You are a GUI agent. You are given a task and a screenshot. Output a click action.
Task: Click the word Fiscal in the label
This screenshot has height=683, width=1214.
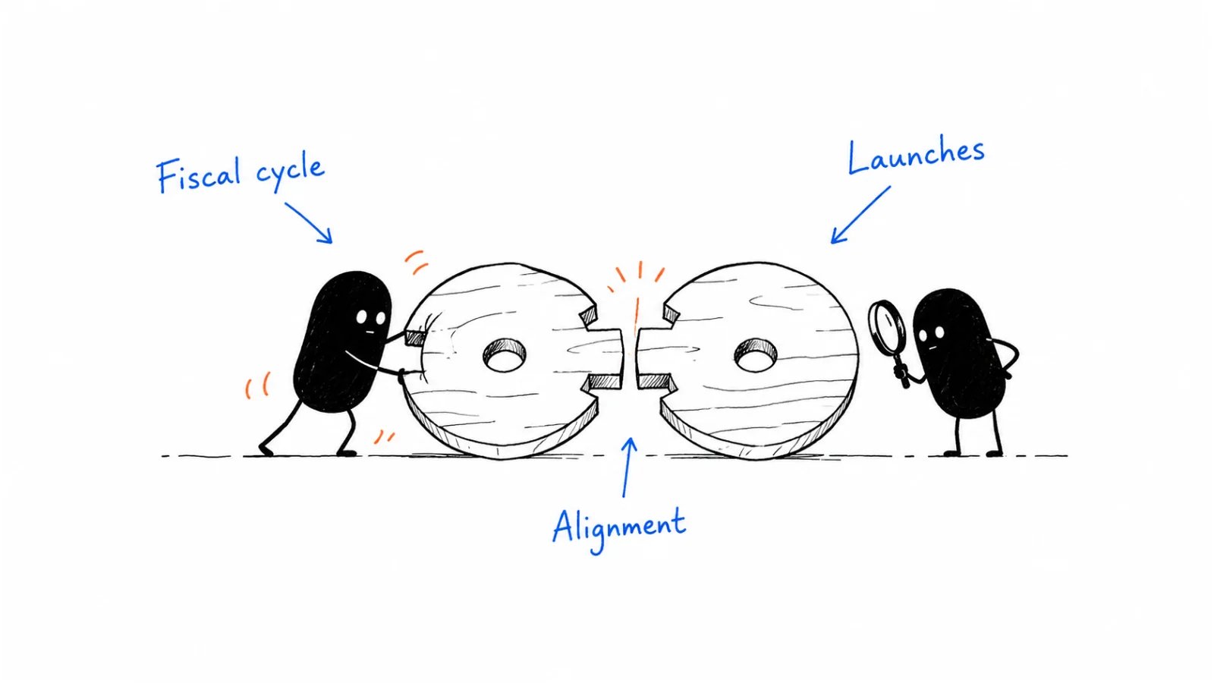198,175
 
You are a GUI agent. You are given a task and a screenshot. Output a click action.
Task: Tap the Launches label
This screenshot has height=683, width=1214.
916,156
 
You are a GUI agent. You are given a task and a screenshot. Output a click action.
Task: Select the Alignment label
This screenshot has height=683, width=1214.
619,529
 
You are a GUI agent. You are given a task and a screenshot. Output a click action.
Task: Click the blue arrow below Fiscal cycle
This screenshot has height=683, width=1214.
308,223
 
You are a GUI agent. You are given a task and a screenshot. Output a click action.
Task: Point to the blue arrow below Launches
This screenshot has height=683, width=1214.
860,215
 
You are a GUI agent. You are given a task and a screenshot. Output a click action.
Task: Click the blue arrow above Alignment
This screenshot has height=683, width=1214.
627,467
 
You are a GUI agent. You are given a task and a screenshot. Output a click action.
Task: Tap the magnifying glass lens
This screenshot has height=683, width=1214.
887,326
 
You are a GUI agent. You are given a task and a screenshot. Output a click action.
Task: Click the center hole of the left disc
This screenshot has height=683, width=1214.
505,356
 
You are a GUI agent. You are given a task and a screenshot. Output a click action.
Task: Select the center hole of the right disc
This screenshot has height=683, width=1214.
756,355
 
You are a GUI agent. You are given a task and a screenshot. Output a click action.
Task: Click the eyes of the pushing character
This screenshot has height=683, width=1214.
371,318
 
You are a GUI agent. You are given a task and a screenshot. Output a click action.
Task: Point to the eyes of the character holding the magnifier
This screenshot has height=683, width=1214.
933,332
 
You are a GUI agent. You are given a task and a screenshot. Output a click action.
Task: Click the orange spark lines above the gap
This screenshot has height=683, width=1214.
636,282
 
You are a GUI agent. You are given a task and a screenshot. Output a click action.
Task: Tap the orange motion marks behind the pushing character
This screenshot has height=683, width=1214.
257,385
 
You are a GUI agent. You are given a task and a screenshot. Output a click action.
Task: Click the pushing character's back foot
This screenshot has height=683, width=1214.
265,449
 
